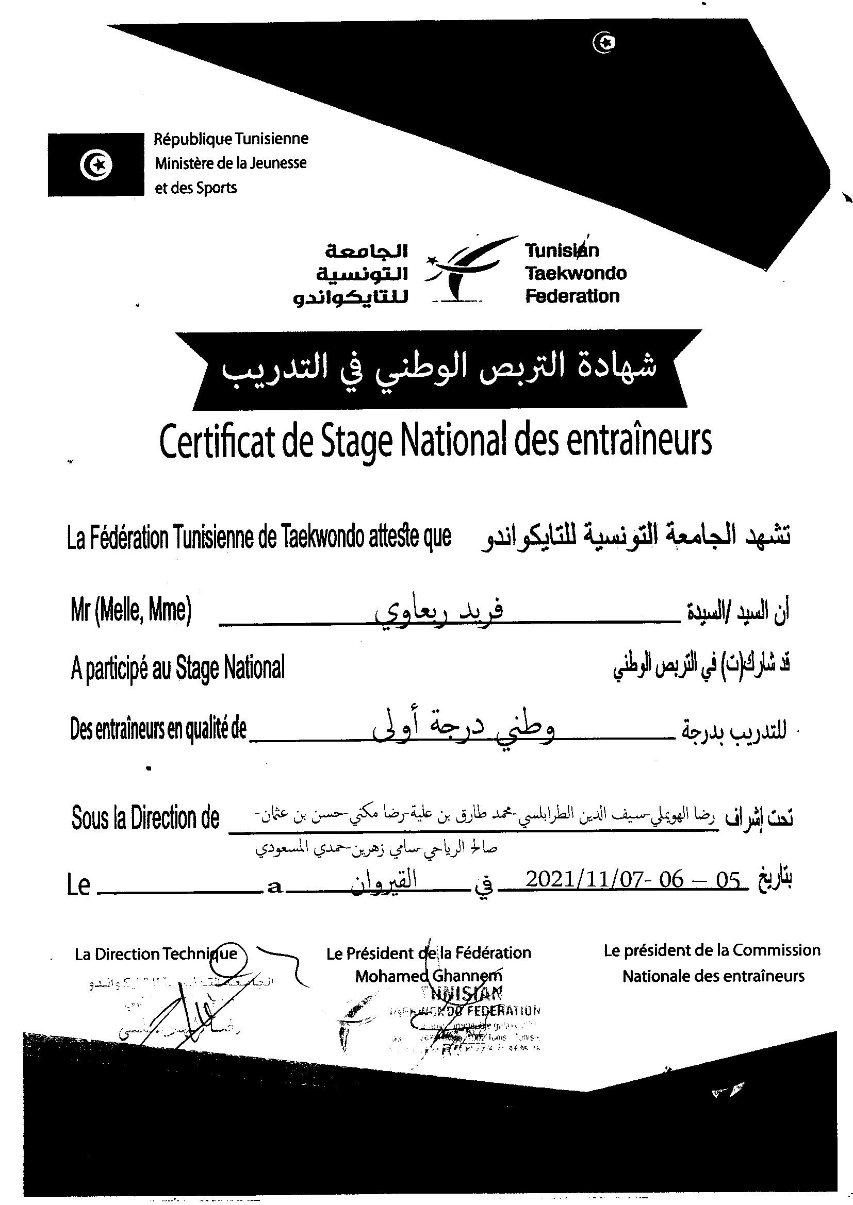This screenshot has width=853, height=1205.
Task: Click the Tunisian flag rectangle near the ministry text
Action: [95, 165]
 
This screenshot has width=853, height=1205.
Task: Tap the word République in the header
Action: [193, 139]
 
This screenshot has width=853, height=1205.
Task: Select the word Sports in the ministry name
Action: [217, 188]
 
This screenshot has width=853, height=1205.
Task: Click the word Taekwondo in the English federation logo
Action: [576, 274]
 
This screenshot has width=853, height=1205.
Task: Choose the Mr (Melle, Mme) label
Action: [131, 610]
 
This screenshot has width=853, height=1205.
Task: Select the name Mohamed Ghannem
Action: [428, 976]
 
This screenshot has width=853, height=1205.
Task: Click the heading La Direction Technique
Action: [156, 954]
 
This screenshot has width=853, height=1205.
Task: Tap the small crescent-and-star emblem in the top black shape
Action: [604, 43]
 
